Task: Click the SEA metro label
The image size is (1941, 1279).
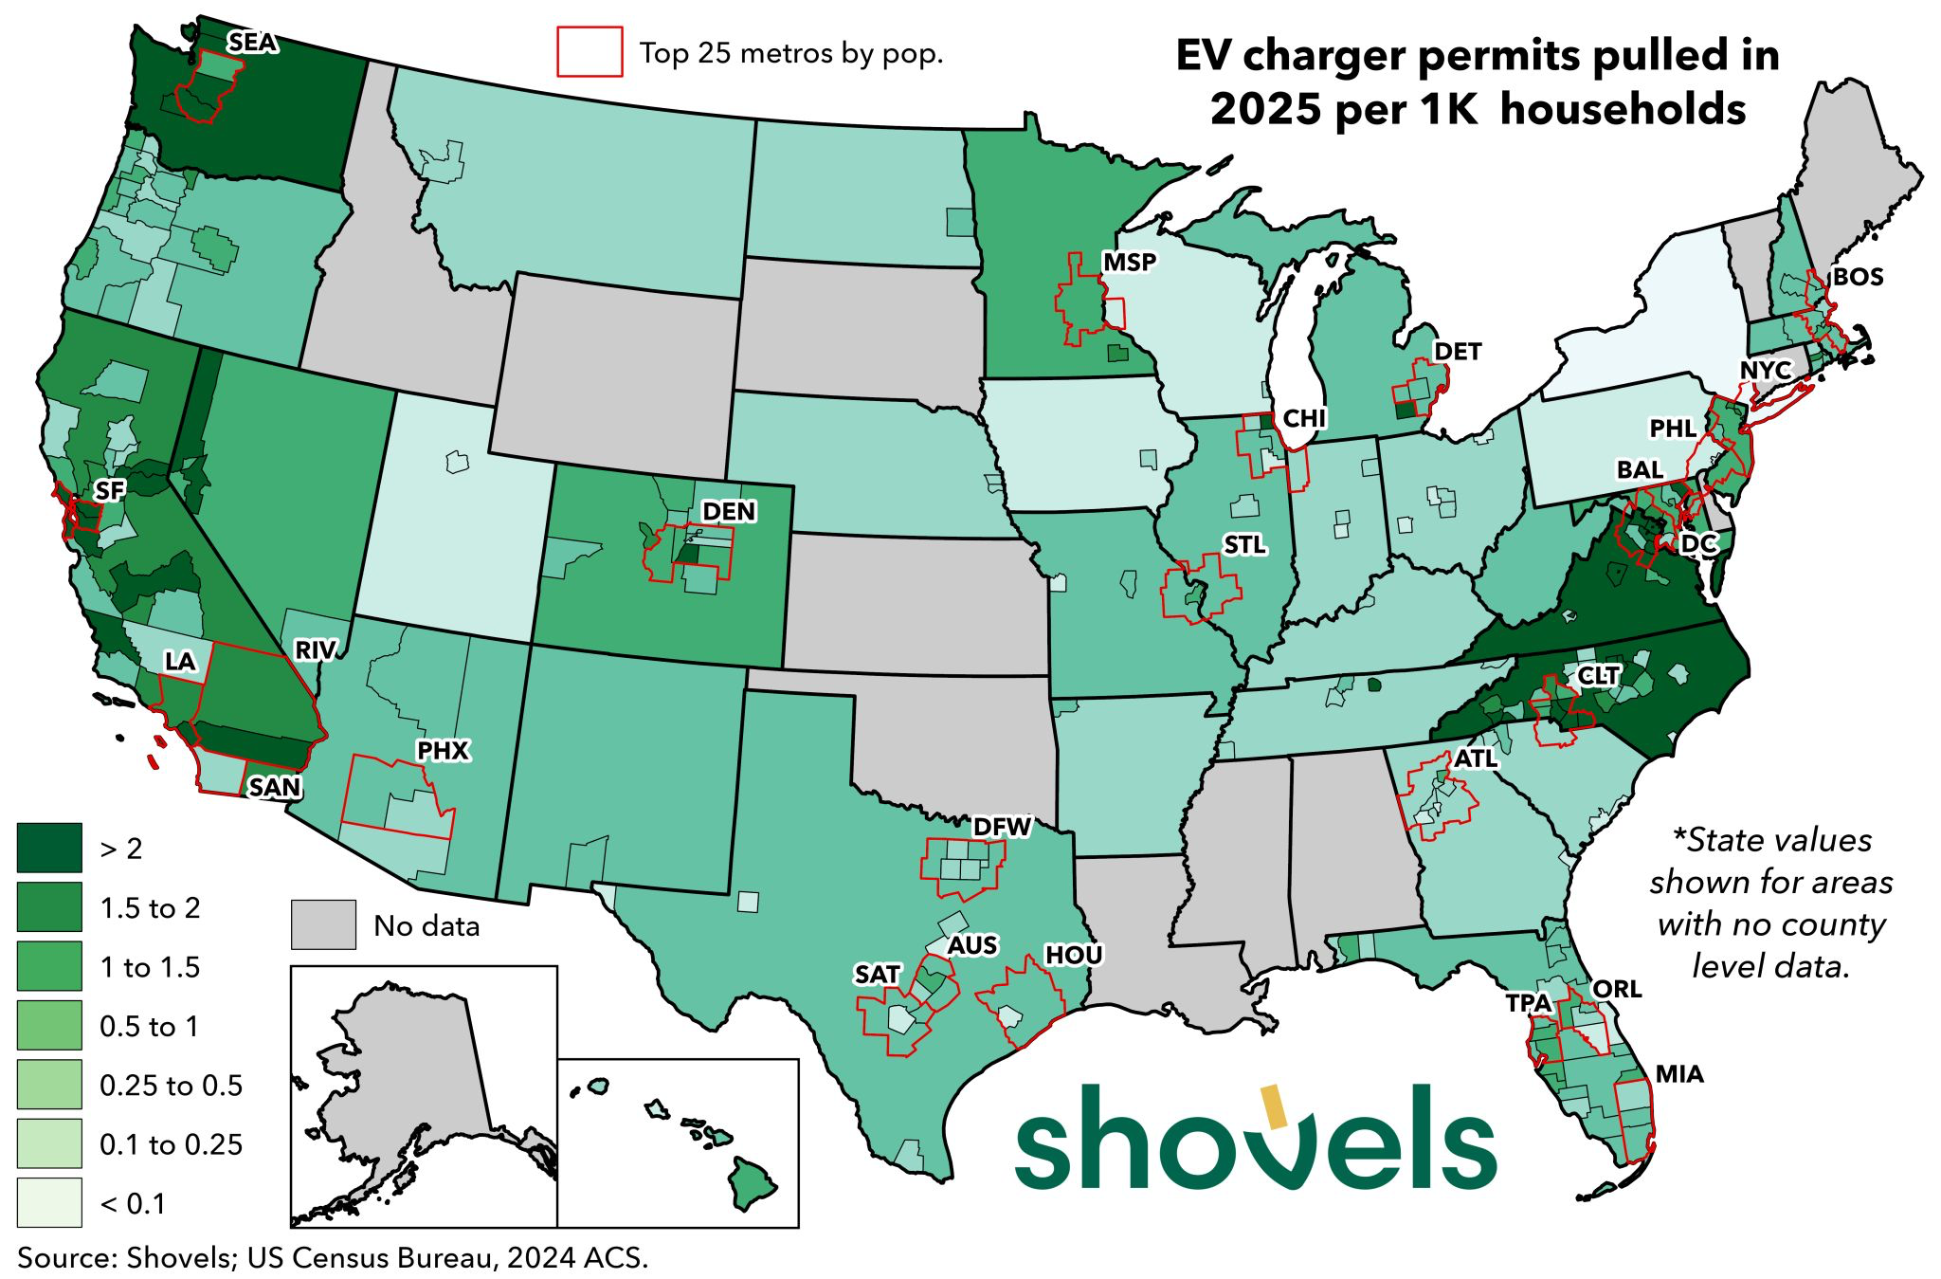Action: click(x=252, y=43)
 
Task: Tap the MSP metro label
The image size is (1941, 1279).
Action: click(x=1130, y=262)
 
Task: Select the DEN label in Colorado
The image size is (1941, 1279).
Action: click(x=729, y=512)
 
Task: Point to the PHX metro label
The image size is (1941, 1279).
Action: click(x=443, y=751)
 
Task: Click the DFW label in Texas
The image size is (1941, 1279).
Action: click(x=1002, y=828)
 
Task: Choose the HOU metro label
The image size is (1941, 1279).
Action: click(x=1073, y=955)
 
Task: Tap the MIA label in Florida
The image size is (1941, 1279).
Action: click(x=1679, y=1074)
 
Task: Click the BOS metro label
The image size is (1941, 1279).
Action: click(x=1858, y=278)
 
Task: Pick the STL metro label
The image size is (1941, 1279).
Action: click(x=1244, y=545)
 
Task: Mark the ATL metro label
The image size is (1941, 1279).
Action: click(x=1476, y=758)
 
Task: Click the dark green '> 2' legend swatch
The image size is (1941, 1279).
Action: click(x=49, y=848)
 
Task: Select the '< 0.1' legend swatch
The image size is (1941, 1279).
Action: click(x=49, y=1203)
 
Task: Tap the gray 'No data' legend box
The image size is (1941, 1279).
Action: click(x=323, y=924)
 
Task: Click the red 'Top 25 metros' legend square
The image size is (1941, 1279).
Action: click(x=590, y=51)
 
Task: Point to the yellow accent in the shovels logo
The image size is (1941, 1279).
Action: click(x=1273, y=1108)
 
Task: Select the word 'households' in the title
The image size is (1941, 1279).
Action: click(x=1623, y=110)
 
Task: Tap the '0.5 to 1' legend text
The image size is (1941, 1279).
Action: click(x=150, y=1027)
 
